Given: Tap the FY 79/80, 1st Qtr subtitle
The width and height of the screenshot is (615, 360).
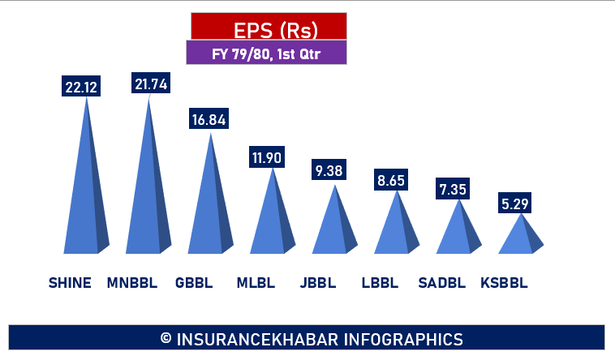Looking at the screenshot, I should click(x=266, y=54).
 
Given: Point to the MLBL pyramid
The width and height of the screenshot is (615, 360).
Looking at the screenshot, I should click(x=272, y=219).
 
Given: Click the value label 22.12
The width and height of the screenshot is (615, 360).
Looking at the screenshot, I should click(x=80, y=85).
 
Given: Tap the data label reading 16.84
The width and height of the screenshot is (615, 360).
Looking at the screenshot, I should click(x=209, y=119).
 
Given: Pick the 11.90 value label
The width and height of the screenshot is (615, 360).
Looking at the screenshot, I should click(x=266, y=157).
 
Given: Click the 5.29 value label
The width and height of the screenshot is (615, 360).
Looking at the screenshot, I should click(x=514, y=204).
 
